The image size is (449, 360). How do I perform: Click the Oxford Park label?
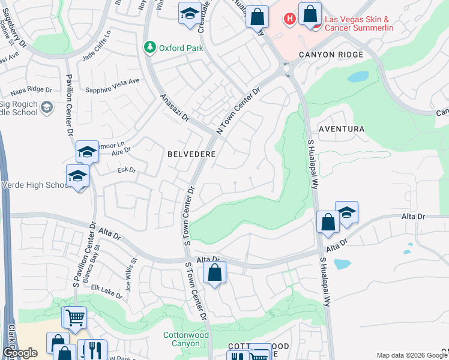pyautogui.click(x=181, y=47)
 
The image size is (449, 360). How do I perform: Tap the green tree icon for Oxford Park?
pyautogui.click(x=148, y=47)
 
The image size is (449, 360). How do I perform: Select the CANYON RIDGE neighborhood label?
pyautogui.click(x=331, y=55)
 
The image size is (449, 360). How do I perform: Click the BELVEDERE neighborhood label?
pyautogui.click(x=191, y=154)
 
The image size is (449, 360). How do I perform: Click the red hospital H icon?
pyautogui.click(x=289, y=19)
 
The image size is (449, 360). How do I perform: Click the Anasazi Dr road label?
pyautogui.click(x=174, y=108)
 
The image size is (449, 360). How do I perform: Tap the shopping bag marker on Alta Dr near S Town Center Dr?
pyautogui.click(x=214, y=274)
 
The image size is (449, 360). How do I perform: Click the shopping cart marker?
pyautogui.click(x=75, y=317)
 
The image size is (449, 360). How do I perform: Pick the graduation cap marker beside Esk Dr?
pyautogui.click(x=78, y=177)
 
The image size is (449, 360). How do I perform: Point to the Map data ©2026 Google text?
pyautogui.click(x=412, y=355)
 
